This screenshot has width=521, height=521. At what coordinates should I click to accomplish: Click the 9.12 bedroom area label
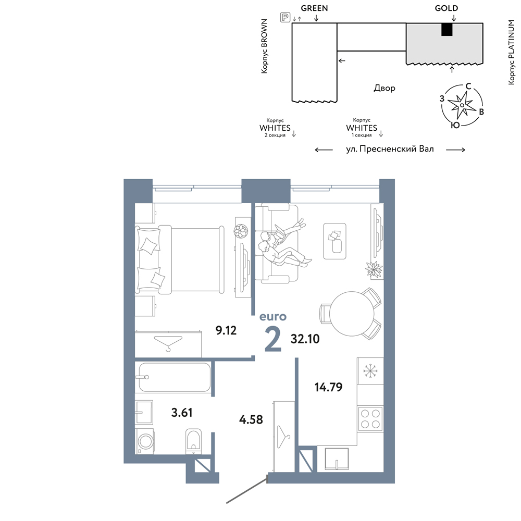coord(226,330)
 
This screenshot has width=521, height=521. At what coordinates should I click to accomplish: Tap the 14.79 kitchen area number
coord(328,387)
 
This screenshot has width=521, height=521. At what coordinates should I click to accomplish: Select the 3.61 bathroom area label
coord(182,412)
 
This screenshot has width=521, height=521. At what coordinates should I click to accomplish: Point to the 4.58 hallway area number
coord(251,419)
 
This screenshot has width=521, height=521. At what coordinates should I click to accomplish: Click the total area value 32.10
coord(305,339)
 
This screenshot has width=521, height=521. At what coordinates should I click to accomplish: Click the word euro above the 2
coord(273,316)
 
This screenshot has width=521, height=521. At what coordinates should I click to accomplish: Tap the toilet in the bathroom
coord(194,441)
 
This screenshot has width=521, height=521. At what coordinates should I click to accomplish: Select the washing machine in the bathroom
coord(144,441)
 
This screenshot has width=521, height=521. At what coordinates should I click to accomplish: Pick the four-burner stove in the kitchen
coord(370,419)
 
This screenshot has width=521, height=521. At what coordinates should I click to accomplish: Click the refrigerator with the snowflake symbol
coord(370,370)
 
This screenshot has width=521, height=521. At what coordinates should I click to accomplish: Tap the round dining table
coord(352,313)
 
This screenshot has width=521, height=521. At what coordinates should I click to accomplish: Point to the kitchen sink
coord(337,459)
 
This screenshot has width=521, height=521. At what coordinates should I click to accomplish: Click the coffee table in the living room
coord(334,241)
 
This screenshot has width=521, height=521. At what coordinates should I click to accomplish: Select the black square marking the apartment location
coord(447,30)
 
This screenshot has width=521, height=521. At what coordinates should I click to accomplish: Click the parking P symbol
coord(285,17)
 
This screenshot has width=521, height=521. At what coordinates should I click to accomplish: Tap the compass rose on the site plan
coord(462,105)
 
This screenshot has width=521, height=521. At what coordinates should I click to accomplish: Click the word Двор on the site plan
coord(384,88)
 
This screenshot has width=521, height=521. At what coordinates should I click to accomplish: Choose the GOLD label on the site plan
coord(446,8)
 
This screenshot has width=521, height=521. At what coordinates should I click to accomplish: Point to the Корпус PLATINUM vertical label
coord(511,52)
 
